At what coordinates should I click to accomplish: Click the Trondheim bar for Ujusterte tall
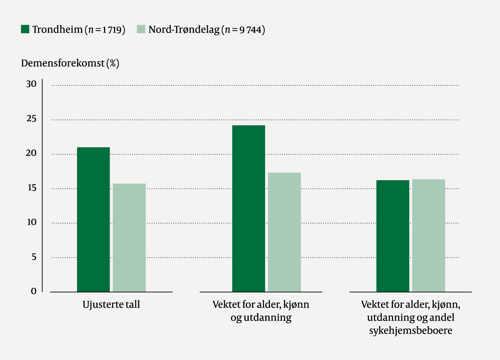[93, 219]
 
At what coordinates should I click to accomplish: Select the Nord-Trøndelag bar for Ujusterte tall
[129, 237]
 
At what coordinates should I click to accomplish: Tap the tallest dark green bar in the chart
[248, 208]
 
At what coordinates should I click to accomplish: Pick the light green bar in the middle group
[284, 232]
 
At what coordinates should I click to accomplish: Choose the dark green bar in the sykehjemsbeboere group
[392, 236]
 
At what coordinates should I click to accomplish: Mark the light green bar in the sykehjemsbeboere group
[429, 235]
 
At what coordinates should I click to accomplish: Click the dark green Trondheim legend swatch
[25, 29]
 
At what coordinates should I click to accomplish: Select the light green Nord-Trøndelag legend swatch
[141, 29]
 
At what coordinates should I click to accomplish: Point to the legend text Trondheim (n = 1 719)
[79, 30]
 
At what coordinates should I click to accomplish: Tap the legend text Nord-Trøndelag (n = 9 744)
[207, 30]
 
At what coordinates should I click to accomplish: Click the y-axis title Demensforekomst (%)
[70, 63]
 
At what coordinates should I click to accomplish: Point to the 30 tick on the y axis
[31, 84]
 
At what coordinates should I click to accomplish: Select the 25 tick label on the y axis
[31, 119]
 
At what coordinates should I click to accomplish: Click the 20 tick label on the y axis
[31, 153]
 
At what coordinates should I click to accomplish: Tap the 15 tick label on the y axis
[32, 188]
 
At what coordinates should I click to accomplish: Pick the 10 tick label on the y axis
[32, 222]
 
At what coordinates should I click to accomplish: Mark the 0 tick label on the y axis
[34, 291]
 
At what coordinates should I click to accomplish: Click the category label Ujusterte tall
[111, 304]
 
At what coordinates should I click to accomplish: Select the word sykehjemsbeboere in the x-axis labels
[410, 330]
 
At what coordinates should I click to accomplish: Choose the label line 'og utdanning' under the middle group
[261, 318]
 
